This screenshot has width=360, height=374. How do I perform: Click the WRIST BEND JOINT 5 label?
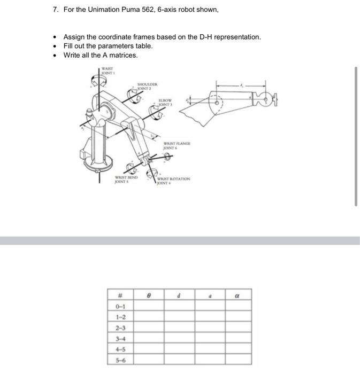pos(126,180)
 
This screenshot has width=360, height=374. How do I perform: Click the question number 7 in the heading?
pos(55,10)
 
